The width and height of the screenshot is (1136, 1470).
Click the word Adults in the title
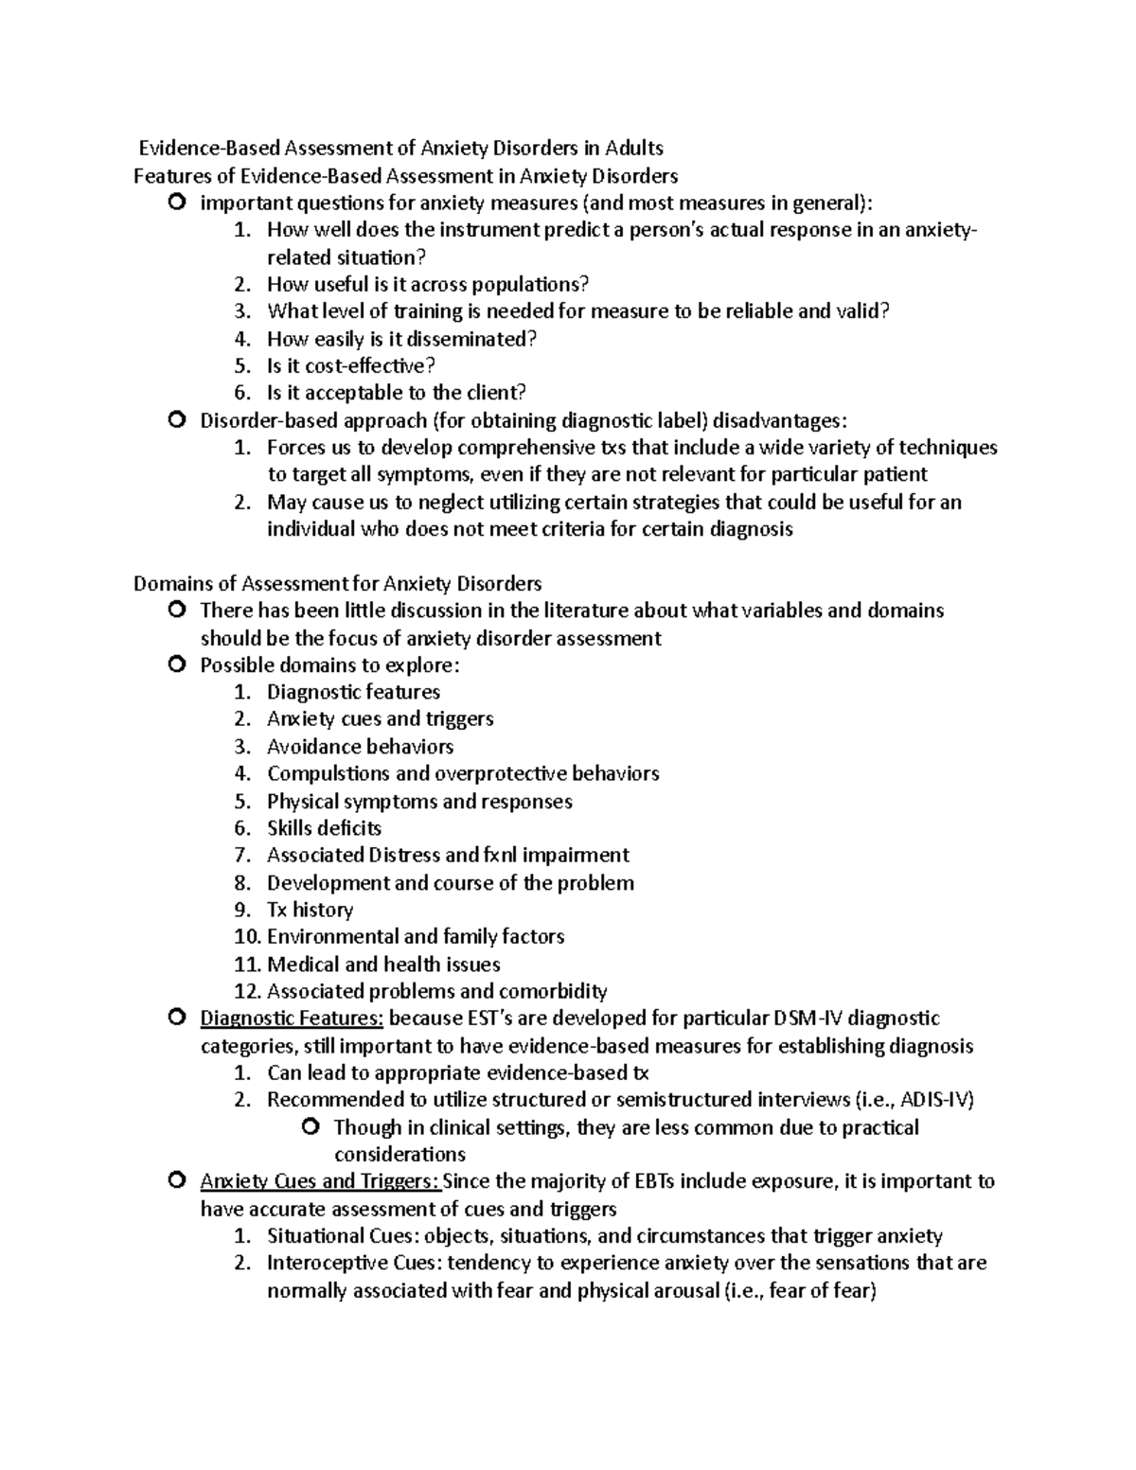tap(634, 148)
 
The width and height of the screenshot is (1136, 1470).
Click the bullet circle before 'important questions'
tap(177, 203)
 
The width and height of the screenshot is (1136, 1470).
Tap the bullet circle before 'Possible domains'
tap(177, 665)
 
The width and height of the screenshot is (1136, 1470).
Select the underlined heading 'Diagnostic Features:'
tap(292, 1018)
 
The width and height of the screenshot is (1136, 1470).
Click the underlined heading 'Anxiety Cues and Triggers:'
tap(321, 1181)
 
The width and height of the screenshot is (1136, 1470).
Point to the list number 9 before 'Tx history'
tap(243, 910)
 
